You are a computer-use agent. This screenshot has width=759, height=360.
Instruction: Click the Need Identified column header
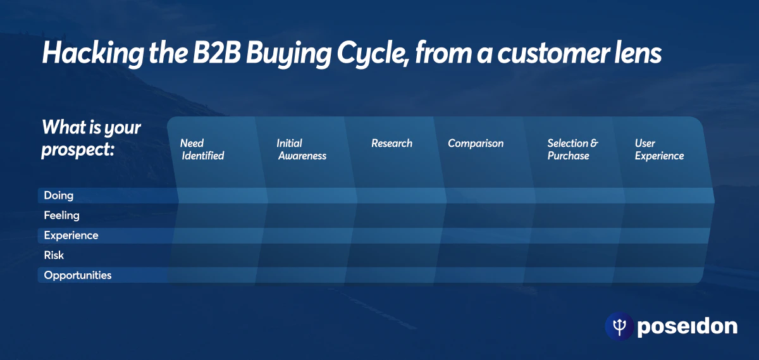202,149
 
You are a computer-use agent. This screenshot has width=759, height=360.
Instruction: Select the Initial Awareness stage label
301,149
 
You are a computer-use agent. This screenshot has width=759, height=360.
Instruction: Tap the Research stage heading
392,144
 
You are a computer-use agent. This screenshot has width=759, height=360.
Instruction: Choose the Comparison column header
476,144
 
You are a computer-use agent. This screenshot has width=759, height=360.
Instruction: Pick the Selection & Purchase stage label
572,149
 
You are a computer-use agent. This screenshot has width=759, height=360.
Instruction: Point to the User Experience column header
659,149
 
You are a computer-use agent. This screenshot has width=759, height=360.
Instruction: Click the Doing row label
58,196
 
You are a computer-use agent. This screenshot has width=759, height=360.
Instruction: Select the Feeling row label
61,216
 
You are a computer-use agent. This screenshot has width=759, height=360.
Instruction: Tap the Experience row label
71,235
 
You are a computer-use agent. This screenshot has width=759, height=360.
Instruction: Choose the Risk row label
54,256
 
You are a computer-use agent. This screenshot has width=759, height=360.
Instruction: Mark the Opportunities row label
77,275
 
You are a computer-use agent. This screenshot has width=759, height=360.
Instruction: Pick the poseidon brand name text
687,326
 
